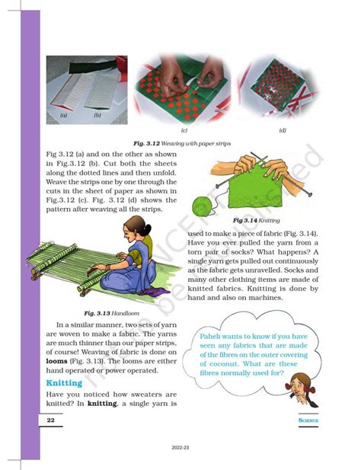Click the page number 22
tap(50, 420)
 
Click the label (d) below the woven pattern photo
tap(283, 130)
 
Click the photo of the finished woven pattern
tap(277, 89)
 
